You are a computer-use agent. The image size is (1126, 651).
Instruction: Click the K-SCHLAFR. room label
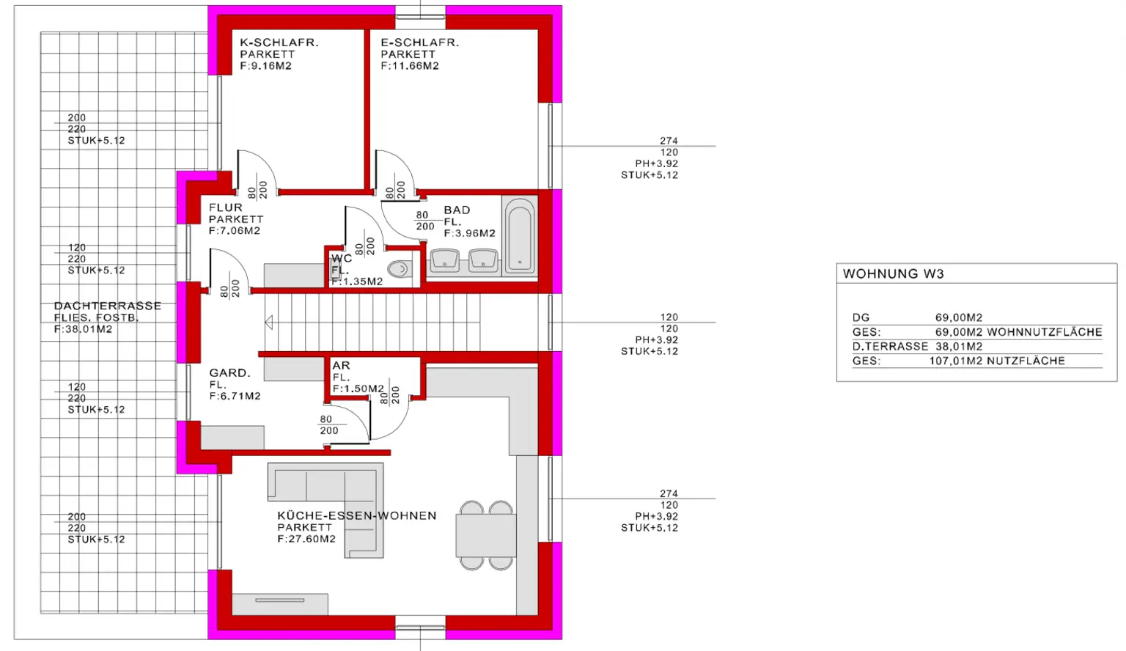point(279,43)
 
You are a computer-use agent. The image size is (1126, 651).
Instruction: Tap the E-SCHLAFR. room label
point(419,43)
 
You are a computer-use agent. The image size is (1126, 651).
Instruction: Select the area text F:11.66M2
point(410,66)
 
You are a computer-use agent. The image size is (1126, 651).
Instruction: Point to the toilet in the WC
point(399,269)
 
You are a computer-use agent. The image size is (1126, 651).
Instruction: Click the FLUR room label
point(225,207)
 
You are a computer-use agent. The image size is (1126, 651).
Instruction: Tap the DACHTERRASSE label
point(107,306)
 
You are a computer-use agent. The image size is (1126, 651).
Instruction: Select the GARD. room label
point(229,372)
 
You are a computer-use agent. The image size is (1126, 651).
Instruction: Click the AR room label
point(341,365)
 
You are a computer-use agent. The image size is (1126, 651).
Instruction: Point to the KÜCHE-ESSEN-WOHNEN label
point(356,515)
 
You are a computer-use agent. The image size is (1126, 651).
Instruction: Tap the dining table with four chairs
point(485,535)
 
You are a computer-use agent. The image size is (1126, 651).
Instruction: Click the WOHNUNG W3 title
point(893,273)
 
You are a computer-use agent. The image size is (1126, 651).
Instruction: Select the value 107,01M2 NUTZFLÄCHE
point(996,361)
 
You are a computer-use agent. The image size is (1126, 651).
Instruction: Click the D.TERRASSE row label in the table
point(890,346)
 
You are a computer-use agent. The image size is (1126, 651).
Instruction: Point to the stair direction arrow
point(269,322)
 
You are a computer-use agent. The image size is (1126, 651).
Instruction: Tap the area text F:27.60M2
point(306,539)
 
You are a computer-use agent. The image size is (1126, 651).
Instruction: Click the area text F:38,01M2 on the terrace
point(83,329)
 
